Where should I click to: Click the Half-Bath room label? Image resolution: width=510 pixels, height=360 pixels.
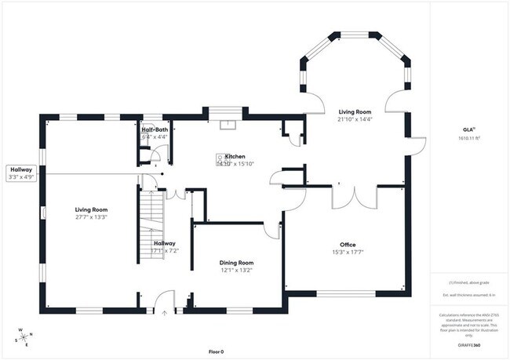tap(154, 129)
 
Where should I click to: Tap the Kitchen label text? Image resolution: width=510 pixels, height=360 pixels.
tap(235, 157)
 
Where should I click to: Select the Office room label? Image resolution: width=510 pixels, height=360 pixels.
tap(348, 245)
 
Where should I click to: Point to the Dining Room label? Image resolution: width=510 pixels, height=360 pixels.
tap(235, 263)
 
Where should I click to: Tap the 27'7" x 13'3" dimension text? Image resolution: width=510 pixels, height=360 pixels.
tap(91, 217)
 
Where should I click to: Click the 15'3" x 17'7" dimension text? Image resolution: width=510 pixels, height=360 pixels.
tap(348, 253)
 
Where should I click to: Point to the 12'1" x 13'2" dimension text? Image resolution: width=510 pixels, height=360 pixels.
tap(235, 271)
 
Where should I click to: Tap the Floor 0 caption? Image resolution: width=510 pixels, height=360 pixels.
tap(216, 351)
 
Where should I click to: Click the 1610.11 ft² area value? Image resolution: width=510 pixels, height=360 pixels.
tap(468, 139)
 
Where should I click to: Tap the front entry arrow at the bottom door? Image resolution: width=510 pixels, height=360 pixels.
tap(164, 312)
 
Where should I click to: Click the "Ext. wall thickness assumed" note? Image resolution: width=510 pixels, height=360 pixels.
tap(468, 295)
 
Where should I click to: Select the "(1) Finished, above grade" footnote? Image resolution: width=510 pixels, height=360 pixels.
tap(468, 282)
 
